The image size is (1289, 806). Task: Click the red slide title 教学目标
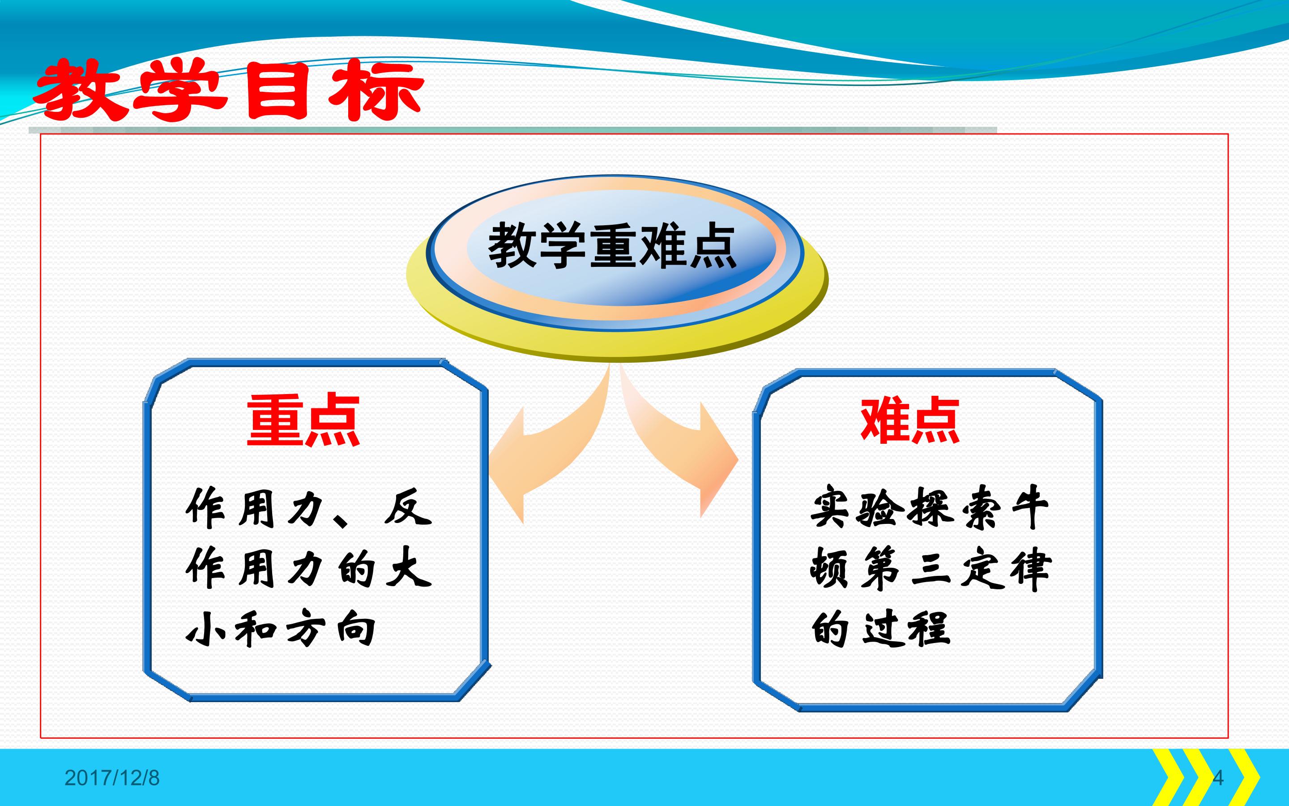(229, 89)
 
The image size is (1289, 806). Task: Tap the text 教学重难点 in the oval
(613, 246)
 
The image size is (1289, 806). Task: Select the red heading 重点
(303, 420)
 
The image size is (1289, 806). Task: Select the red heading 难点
(910, 420)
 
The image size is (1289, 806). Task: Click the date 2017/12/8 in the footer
(112, 778)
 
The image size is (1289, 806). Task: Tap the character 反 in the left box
(408, 507)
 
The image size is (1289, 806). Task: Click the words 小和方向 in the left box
(281, 627)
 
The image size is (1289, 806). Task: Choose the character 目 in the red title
(278, 90)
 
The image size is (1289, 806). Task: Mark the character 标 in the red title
(376, 90)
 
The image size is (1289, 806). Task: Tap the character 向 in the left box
(356, 627)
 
